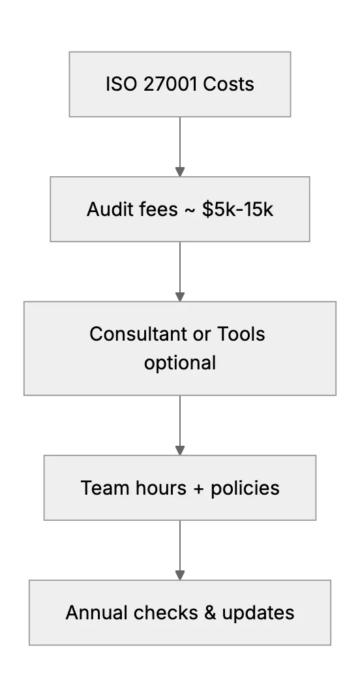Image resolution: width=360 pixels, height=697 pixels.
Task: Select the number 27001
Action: [x=170, y=84]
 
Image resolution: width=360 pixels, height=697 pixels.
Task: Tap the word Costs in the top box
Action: [x=228, y=84]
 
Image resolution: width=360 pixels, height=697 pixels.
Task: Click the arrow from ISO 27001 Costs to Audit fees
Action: [x=180, y=147]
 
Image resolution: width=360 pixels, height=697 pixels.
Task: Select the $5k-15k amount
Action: [x=238, y=209]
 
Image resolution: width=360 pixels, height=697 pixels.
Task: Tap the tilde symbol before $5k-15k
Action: [x=190, y=209]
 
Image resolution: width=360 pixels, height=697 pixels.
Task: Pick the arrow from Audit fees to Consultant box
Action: [x=180, y=271]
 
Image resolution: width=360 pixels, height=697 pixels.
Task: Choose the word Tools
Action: [x=241, y=334]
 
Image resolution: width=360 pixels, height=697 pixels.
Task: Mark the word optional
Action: [x=180, y=363]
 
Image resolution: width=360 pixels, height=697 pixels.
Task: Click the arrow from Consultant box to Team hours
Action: [x=180, y=426]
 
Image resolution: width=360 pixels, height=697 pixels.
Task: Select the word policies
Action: [x=245, y=488]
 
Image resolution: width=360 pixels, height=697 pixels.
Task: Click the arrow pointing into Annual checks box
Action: [x=180, y=550]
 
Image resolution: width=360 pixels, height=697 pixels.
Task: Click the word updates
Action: [x=258, y=613]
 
